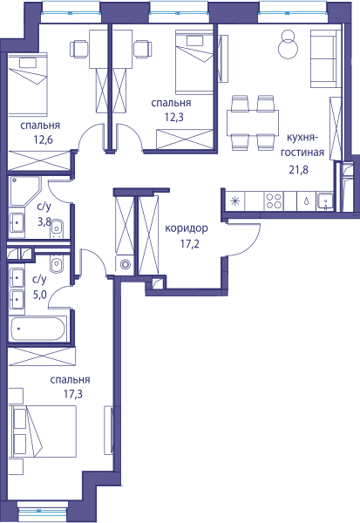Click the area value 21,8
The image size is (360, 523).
click(x=298, y=170)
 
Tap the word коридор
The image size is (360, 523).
click(x=187, y=228)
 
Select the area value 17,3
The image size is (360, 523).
click(x=73, y=395)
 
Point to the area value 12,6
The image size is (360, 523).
click(x=43, y=139)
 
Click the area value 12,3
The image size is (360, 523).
click(x=173, y=117)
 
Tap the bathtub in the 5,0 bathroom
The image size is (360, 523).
click(x=37, y=329)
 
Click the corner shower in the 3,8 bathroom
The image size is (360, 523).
click(x=25, y=191)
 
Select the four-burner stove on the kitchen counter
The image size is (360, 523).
click(x=274, y=201)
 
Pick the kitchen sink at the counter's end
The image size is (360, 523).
click(x=324, y=201)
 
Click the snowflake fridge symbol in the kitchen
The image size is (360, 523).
click(x=235, y=201)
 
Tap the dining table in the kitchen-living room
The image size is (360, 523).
click(x=253, y=123)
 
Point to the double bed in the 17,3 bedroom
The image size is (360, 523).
click(x=44, y=431)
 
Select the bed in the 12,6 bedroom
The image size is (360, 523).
click(x=28, y=84)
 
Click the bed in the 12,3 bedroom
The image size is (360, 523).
click(x=194, y=61)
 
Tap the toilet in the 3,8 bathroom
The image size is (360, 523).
click(x=57, y=228)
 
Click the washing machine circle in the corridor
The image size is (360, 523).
click(x=126, y=264)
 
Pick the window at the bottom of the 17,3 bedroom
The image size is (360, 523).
click(x=43, y=510)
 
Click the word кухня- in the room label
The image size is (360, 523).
click(x=302, y=138)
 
